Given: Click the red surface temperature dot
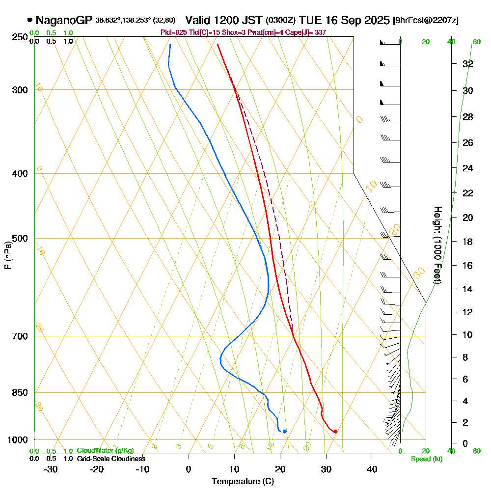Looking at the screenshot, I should [335, 432].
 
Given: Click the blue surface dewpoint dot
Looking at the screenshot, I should [285, 432].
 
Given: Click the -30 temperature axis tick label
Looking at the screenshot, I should [51, 469].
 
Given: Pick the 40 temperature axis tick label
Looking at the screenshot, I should [372, 469].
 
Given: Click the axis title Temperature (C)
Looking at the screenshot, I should [243, 482].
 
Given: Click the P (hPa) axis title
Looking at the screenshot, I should [8, 255].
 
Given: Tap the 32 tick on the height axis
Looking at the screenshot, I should [468, 64].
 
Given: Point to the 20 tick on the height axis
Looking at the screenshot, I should [468, 218].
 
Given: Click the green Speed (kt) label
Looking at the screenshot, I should [427, 459].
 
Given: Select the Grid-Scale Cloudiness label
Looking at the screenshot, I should [111, 459].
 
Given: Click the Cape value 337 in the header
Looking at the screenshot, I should [321, 32].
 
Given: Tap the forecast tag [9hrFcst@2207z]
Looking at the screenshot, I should [426, 21].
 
